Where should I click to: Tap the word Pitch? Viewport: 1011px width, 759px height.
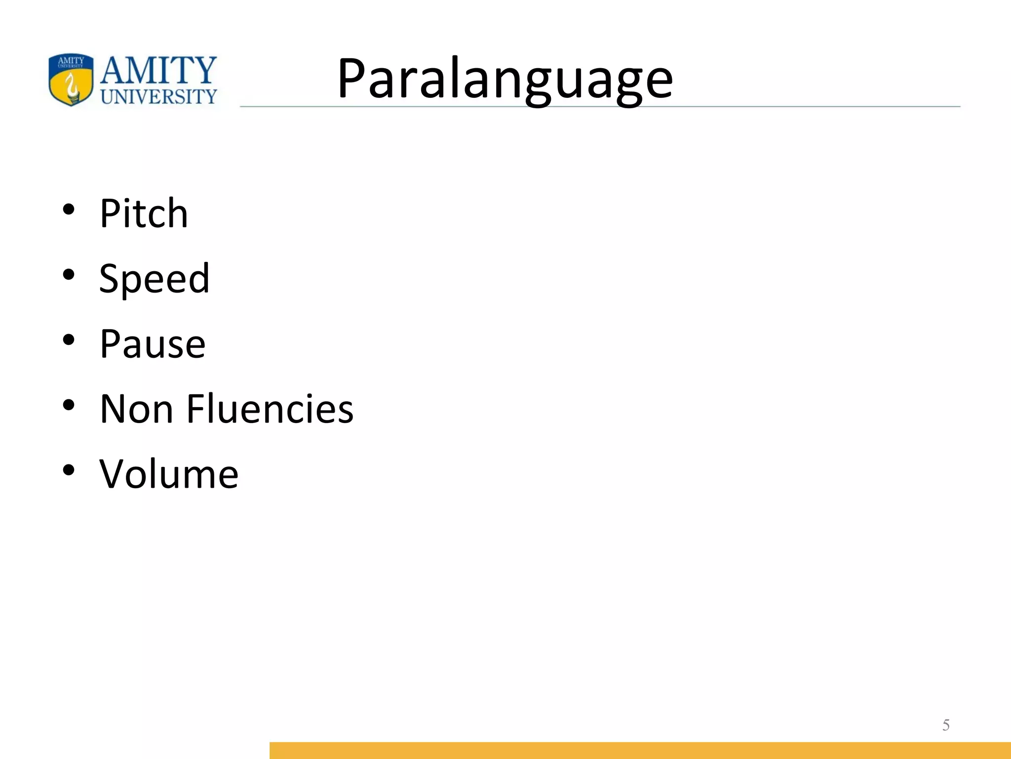click(144, 213)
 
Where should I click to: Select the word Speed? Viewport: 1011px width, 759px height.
click(155, 278)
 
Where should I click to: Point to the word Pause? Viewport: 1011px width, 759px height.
click(153, 343)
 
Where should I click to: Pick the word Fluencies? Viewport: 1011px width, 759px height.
click(270, 409)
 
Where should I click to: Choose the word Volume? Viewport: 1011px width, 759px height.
click(169, 474)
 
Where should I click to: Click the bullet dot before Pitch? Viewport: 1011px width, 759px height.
click(69, 210)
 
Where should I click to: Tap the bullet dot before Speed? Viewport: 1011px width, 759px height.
click(69, 275)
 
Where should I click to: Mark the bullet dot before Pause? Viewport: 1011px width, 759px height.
click(69, 340)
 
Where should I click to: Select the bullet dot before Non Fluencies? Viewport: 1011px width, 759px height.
click(69, 405)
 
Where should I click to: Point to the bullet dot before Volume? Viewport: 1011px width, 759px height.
click(69, 470)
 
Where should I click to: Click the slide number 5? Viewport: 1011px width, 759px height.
click(946, 725)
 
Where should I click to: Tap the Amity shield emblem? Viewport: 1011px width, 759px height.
click(71, 80)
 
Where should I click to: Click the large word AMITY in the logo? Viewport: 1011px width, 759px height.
click(158, 70)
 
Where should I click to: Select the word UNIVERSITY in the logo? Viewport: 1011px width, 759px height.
click(158, 96)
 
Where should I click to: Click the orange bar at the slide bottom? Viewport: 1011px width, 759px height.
click(640, 750)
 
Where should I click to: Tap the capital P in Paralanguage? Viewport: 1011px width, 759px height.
click(351, 78)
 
